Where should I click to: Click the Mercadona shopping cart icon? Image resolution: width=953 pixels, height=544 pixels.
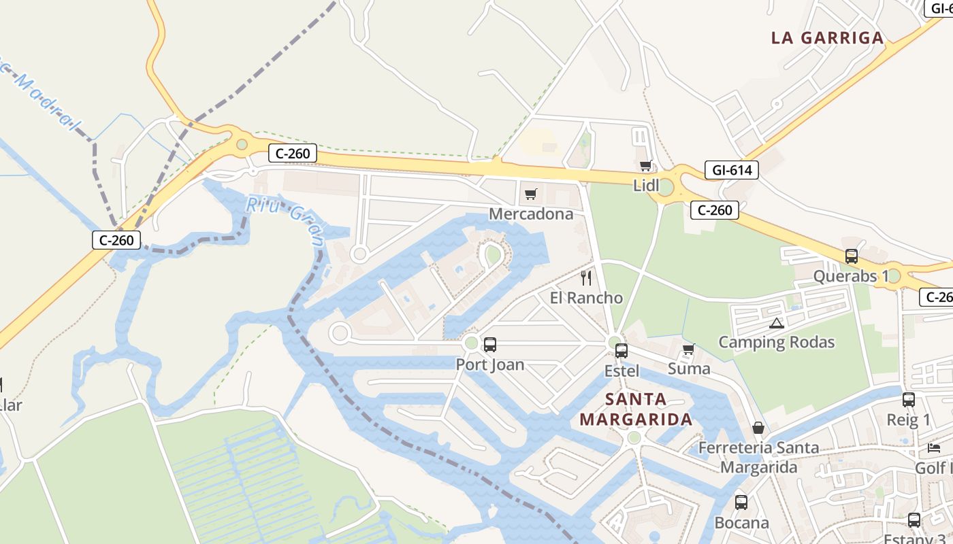[x=531, y=194]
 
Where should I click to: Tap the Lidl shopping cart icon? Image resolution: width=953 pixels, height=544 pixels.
[x=645, y=165]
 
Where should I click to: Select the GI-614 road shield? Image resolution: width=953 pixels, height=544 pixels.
[x=731, y=170]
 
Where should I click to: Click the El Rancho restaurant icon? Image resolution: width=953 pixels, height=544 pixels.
[x=586, y=278]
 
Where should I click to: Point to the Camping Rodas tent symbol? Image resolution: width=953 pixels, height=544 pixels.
[x=776, y=323]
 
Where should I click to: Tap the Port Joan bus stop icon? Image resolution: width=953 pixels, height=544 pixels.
[x=489, y=345]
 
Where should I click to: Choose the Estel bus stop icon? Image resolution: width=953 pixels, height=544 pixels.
[x=621, y=351]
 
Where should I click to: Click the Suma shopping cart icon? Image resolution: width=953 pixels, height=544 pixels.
[x=688, y=350]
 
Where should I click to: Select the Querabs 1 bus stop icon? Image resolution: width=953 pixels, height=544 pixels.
[x=851, y=256]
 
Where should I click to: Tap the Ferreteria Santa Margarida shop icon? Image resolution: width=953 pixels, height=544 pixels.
[x=758, y=428]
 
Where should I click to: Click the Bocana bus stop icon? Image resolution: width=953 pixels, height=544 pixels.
[x=741, y=503]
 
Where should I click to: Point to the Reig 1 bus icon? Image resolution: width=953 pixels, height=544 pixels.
[x=908, y=400]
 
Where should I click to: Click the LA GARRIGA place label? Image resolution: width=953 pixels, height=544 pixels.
[x=827, y=38]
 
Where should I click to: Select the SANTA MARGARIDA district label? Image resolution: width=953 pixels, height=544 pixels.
[x=636, y=409]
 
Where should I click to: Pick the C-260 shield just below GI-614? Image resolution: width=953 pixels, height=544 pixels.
[x=715, y=210]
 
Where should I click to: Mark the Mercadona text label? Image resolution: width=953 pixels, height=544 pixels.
[x=531, y=215]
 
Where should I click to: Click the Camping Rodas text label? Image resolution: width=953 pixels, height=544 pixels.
[x=777, y=342]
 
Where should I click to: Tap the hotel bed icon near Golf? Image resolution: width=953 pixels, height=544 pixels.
[x=934, y=448]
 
